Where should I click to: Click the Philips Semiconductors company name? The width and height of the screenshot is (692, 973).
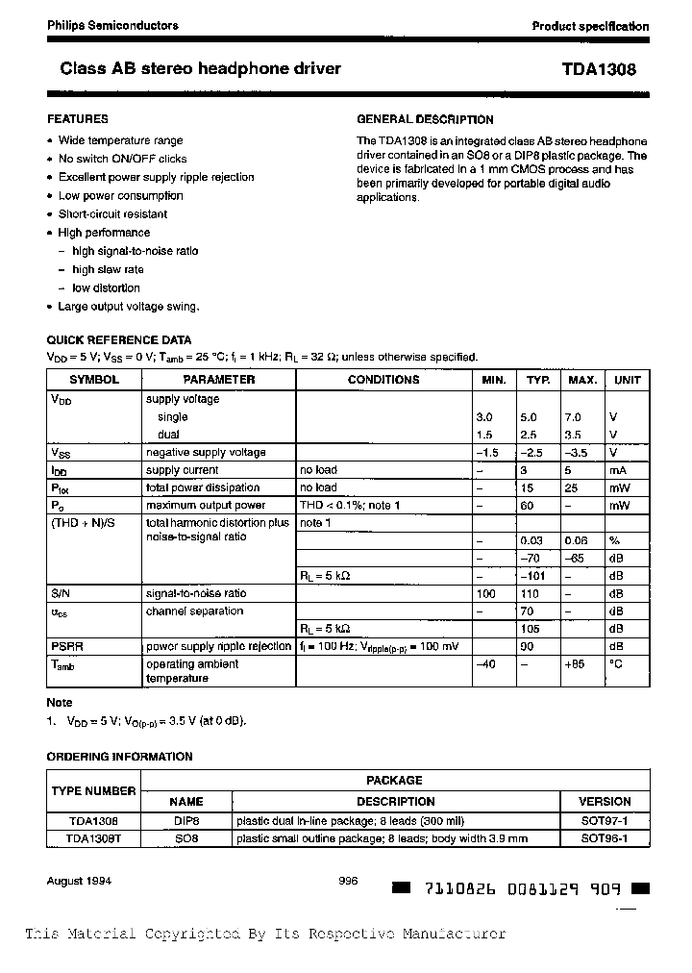[x=112, y=26]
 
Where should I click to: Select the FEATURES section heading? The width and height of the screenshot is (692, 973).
[x=78, y=119]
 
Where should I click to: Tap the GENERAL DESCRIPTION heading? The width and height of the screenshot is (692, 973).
[x=425, y=120]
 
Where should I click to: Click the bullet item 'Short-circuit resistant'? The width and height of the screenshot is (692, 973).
[x=112, y=214]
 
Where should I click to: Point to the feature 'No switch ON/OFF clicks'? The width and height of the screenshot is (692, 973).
[x=122, y=159]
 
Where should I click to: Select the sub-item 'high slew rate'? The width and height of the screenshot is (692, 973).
[x=108, y=269]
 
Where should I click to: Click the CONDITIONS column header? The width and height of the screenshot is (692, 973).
[x=383, y=380]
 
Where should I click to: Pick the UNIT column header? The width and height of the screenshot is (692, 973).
[x=627, y=380]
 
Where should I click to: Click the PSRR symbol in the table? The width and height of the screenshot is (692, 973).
[x=66, y=647]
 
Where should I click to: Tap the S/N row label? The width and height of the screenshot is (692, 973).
[x=60, y=594]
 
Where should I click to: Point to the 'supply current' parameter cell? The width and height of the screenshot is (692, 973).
[x=182, y=470]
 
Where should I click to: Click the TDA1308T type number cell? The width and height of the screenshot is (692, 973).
[x=93, y=838]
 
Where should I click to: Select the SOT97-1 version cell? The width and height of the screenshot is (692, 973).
[x=605, y=820]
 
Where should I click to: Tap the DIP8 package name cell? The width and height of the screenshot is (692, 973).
[x=186, y=820]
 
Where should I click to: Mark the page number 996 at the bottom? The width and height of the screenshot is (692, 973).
[x=349, y=881]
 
